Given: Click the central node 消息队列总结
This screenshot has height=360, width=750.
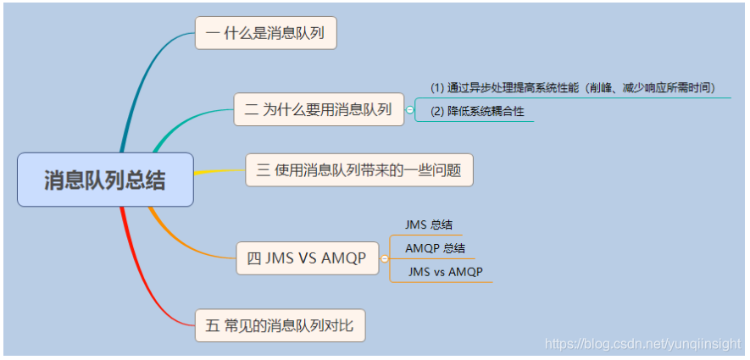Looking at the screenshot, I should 105,180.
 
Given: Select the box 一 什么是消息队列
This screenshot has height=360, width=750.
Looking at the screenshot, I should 265,34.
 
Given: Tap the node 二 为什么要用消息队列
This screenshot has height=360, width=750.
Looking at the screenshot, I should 318,109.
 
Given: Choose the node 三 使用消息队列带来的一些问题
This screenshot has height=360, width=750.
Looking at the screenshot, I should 358,170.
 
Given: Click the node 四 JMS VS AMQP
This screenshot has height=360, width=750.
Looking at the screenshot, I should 307,258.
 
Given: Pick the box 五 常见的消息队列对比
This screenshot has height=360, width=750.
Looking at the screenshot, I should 280,325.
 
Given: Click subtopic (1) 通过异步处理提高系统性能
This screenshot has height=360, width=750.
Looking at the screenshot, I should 573,88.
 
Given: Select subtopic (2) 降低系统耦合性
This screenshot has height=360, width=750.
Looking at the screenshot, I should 475,112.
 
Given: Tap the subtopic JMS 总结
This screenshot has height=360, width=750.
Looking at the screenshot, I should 429,225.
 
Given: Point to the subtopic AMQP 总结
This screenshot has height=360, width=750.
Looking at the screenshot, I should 435,248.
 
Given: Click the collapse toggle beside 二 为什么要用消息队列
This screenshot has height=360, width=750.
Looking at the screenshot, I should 410,109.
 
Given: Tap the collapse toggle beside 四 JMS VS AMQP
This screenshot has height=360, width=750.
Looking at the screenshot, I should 385,258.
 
